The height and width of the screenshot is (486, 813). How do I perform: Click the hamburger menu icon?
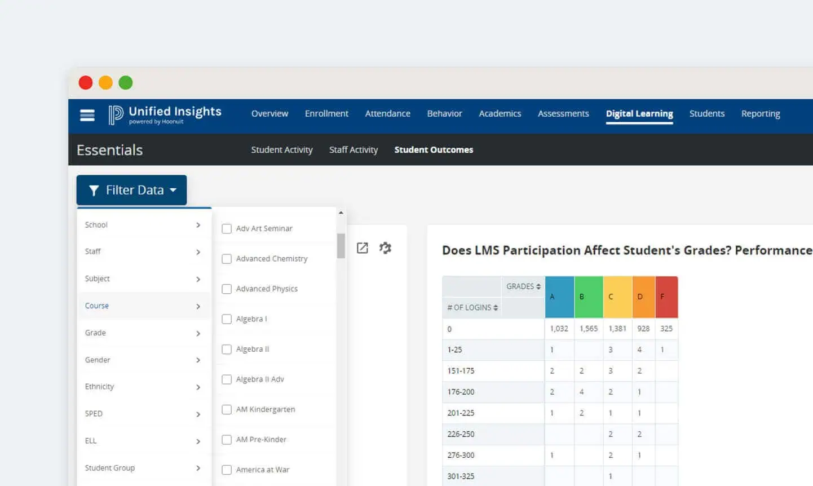pyautogui.click(x=87, y=116)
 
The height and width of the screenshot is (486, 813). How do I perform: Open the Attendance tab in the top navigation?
pyautogui.click(x=387, y=114)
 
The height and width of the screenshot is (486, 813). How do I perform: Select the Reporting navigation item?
pyautogui.click(x=760, y=114)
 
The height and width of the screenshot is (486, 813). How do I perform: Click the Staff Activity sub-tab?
pyautogui.click(x=353, y=150)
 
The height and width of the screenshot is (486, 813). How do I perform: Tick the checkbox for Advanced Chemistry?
pyautogui.click(x=227, y=259)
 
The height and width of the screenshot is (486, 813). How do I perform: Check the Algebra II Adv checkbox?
pyautogui.click(x=227, y=379)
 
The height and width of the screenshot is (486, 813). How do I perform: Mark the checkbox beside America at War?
pyautogui.click(x=227, y=470)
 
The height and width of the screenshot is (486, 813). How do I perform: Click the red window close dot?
pyautogui.click(x=86, y=83)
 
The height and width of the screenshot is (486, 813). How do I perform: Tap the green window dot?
pyautogui.click(x=126, y=83)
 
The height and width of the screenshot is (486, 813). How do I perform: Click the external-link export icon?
pyautogui.click(x=363, y=248)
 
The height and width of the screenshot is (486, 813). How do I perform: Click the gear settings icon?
pyautogui.click(x=385, y=248)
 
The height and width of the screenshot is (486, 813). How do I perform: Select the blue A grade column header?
pyautogui.click(x=559, y=297)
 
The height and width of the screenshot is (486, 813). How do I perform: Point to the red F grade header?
pyautogui.click(x=666, y=297)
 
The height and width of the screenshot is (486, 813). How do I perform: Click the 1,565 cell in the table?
pyautogui.click(x=588, y=329)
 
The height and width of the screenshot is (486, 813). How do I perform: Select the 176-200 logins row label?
pyautogui.click(x=461, y=392)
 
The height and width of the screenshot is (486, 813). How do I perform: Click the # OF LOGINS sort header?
pyautogui.click(x=472, y=308)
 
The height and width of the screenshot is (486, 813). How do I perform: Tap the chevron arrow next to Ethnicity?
pyautogui.click(x=198, y=387)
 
